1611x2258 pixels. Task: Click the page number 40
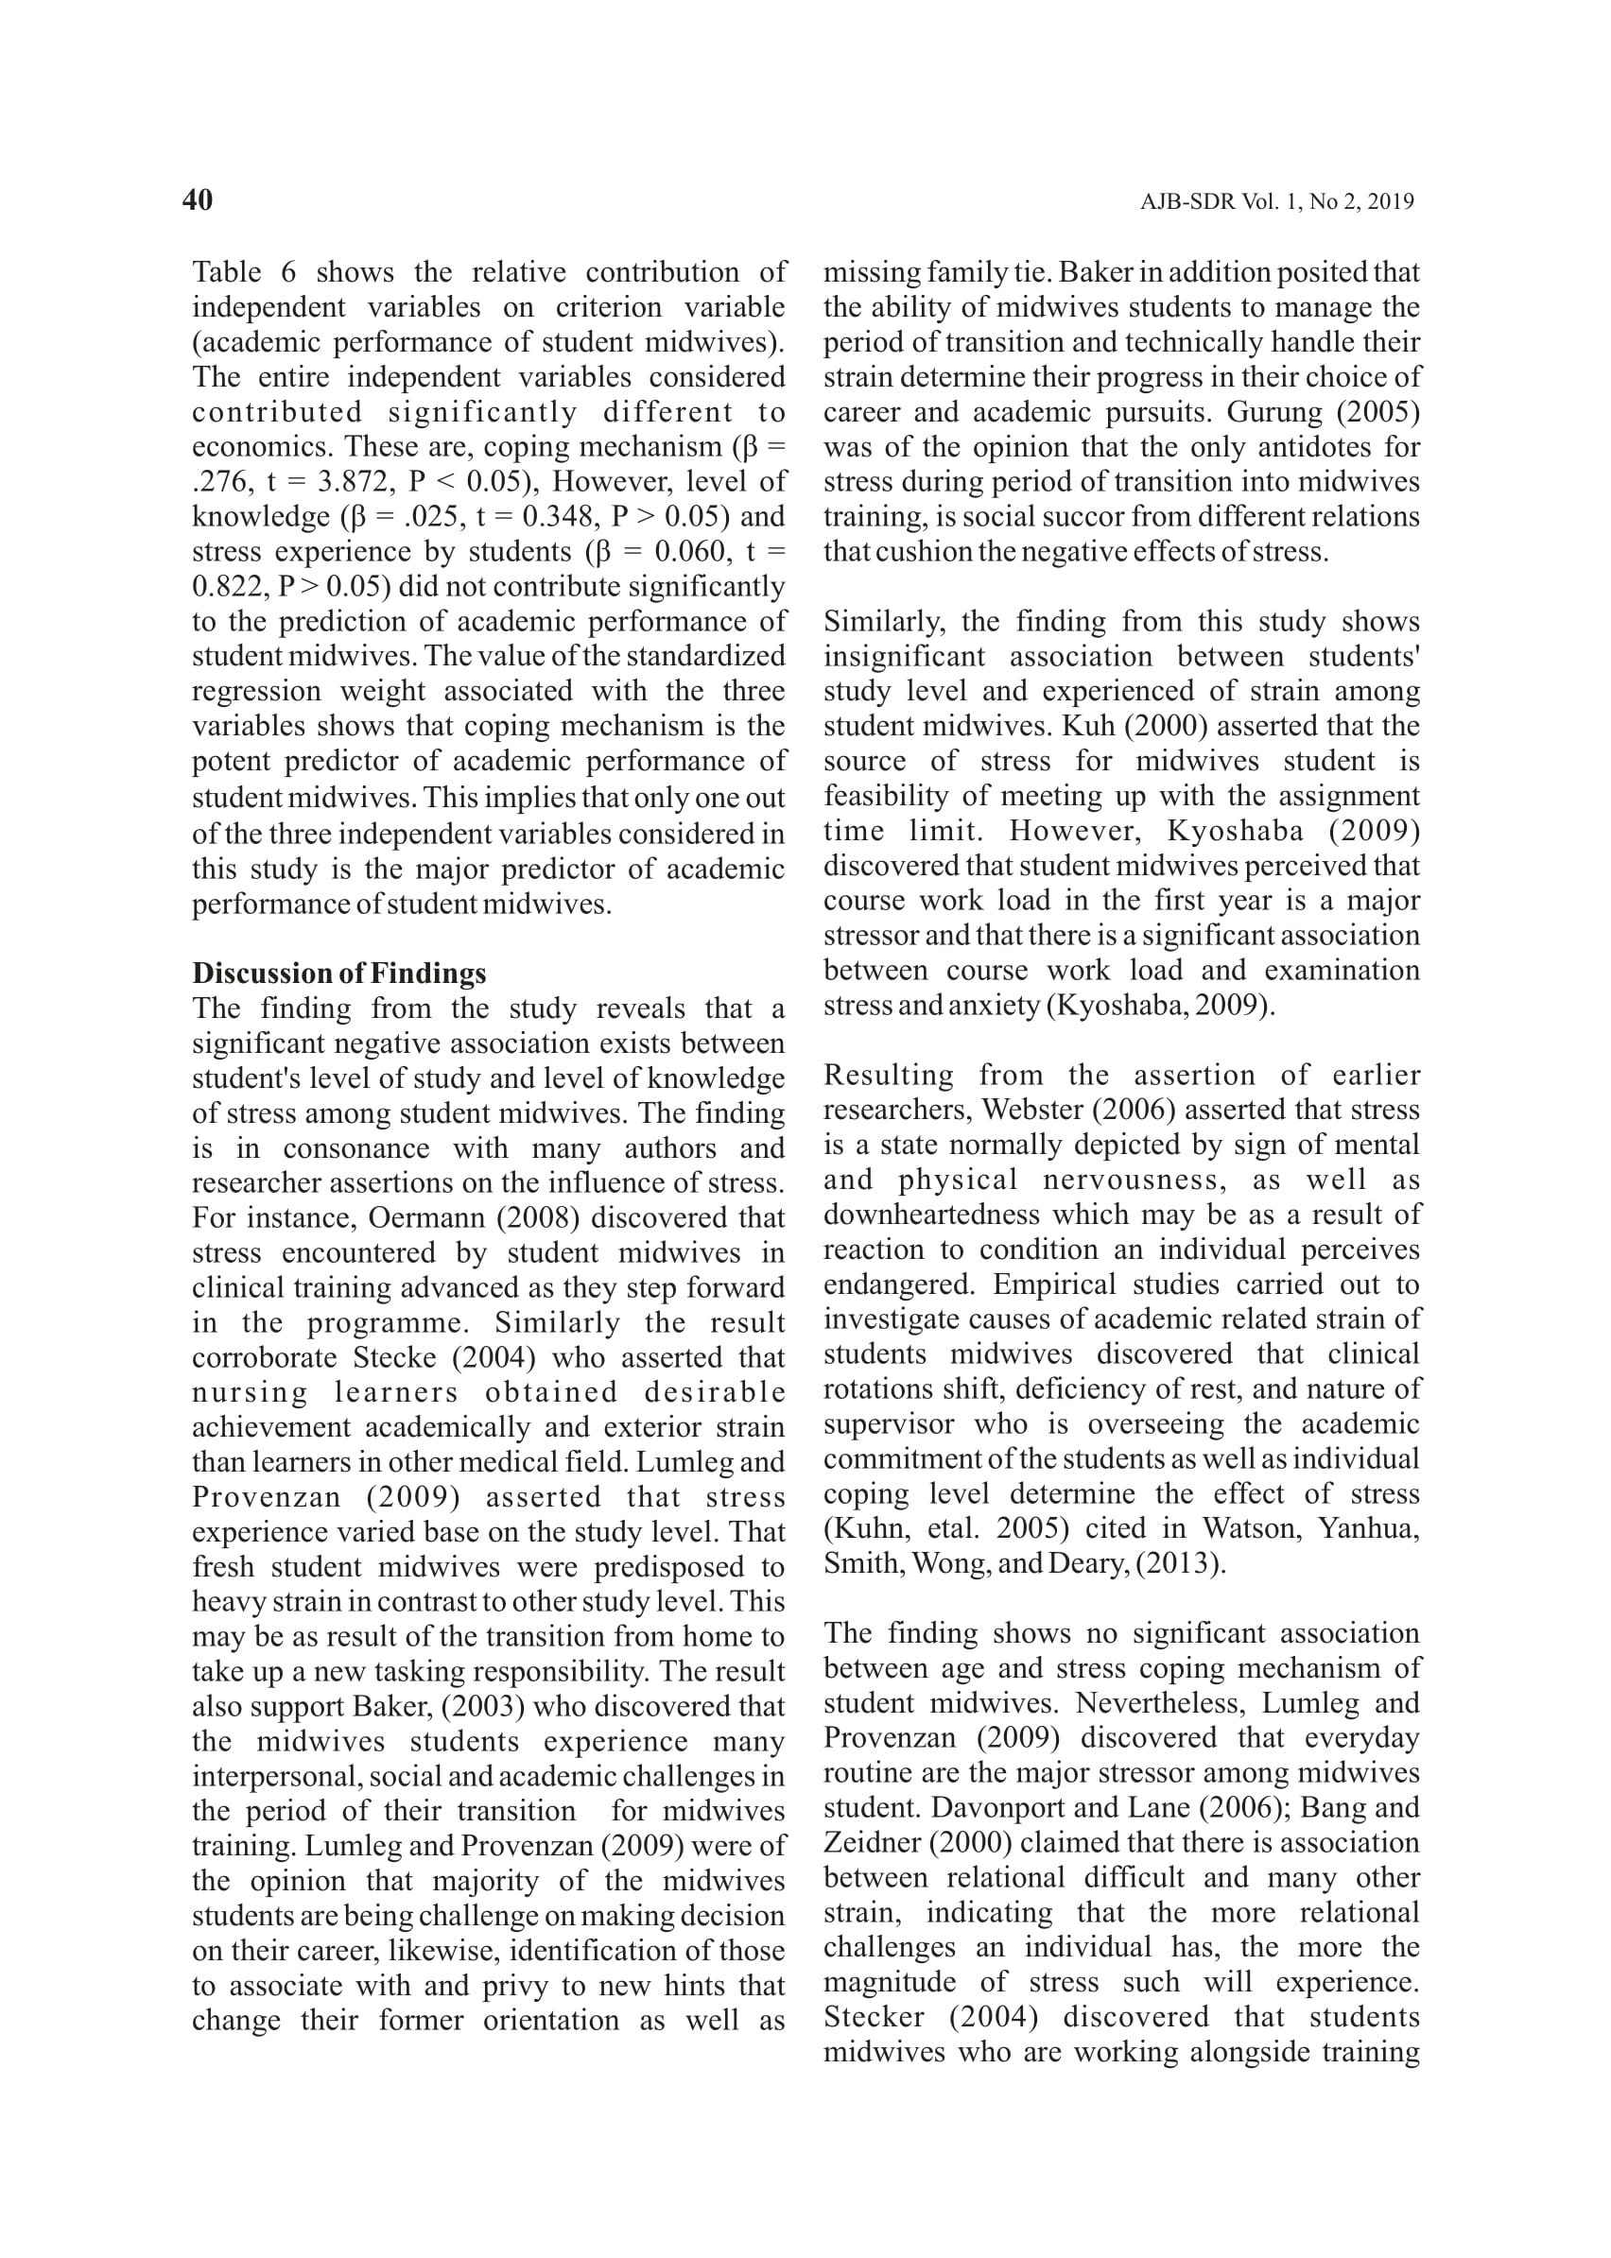tap(198, 200)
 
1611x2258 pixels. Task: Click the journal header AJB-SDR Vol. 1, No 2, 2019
tap(1276, 202)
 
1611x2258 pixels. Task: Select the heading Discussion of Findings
tap(339, 973)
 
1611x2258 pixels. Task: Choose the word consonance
tap(356, 1148)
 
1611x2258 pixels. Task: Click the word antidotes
tap(1277, 447)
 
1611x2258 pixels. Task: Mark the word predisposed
tap(664, 1567)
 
